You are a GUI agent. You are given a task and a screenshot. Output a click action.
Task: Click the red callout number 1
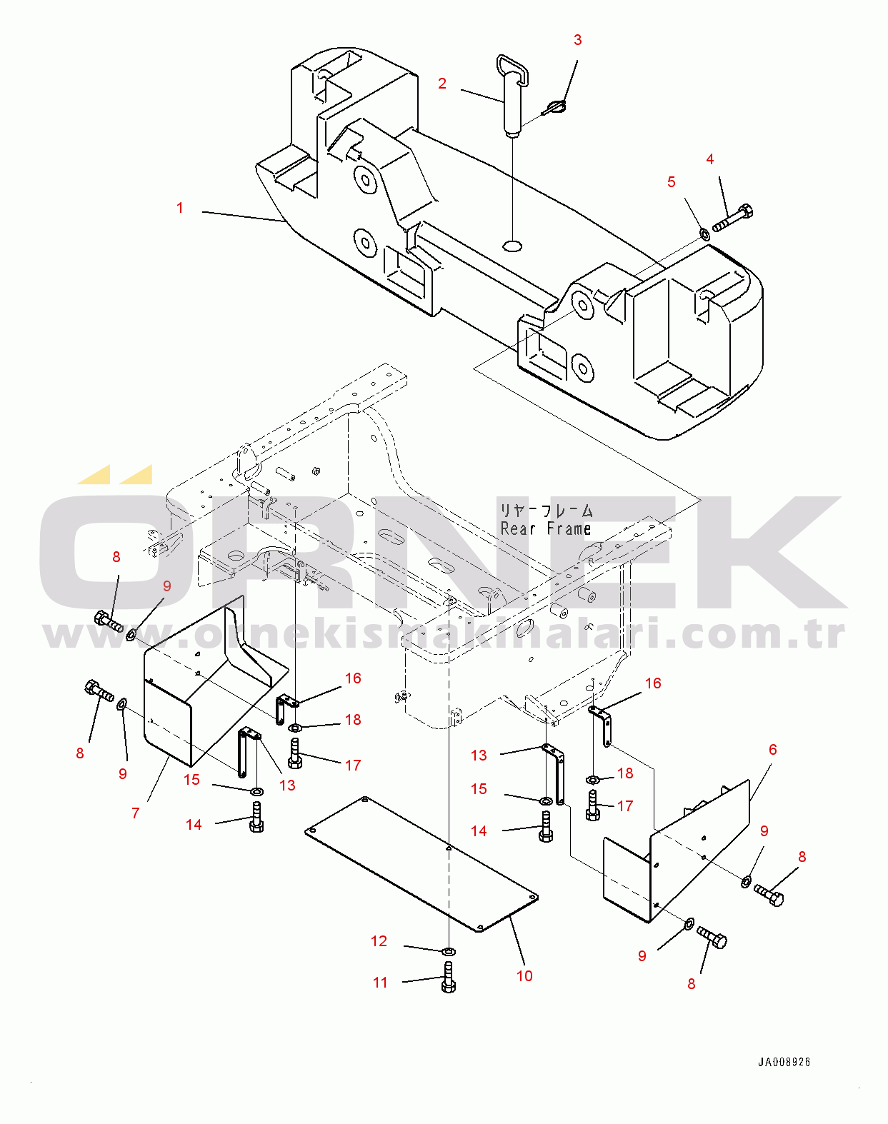180,208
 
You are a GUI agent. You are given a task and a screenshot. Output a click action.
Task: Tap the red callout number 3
577,40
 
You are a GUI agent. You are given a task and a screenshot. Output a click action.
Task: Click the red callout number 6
772,750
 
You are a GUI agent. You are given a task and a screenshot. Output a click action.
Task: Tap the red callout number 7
136,813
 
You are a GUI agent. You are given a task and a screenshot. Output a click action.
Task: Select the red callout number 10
524,975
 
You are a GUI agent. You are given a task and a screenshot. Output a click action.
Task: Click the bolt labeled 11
449,977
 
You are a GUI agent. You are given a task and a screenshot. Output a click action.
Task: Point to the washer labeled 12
448,950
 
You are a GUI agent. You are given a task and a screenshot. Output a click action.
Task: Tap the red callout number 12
379,940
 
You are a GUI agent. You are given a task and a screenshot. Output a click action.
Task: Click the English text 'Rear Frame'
546,528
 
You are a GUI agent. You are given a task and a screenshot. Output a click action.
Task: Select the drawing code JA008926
784,1062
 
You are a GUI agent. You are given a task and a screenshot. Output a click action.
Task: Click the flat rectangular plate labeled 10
421,864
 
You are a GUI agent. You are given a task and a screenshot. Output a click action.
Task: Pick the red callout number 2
442,84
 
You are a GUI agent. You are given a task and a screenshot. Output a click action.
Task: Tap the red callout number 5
672,182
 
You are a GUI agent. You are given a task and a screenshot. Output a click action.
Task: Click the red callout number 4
710,159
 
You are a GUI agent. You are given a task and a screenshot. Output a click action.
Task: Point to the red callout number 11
381,983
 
